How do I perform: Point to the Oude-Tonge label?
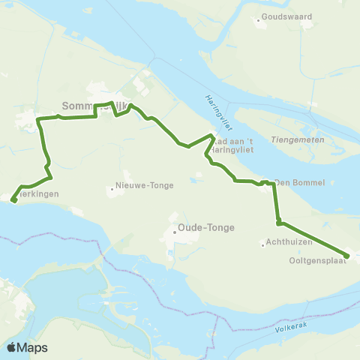[206, 228]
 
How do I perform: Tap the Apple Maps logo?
[28, 347]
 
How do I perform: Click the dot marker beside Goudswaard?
[258, 20]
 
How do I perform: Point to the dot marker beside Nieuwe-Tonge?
[112, 187]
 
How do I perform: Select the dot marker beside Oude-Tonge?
[174, 232]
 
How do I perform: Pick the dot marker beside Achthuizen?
[262, 243]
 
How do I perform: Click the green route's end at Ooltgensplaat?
[346, 255]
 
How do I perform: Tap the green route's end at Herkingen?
[13, 199]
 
